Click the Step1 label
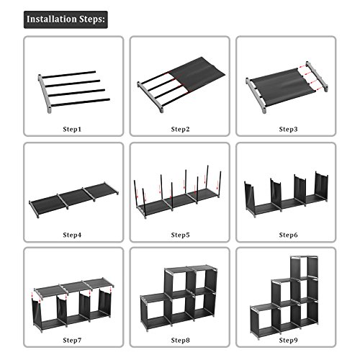pyautogui.click(x=75, y=129)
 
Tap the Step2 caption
pyautogui.click(x=180, y=129)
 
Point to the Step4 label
pyautogui.click(x=75, y=235)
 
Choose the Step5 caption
pyautogui.click(x=180, y=235)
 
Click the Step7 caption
pyautogui.click(x=75, y=340)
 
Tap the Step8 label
pyautogui.click(x=180, y=340)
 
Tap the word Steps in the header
pyautogui.click(x=91, y=19)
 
